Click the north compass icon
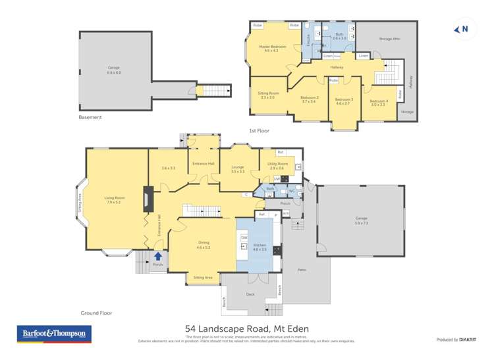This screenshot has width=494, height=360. (x=462, y=29)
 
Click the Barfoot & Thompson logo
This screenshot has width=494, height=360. (x=53, y=334)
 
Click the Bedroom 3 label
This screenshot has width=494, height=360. (x=344, y=101)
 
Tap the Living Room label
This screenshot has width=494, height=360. (x=115, y=199)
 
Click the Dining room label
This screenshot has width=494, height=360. (x=204, y=244)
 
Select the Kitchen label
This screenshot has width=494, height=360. (x=260, y=246)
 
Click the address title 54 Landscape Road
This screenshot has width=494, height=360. (x=247, y=328)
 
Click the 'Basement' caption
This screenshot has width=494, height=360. (x=90, y=117)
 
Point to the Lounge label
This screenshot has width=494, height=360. (x=237, y=168)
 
